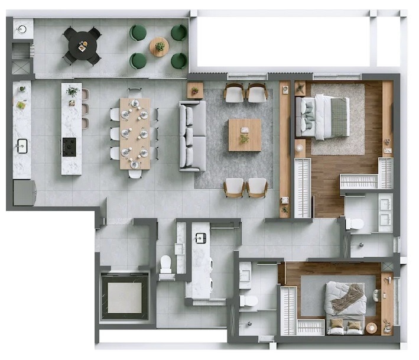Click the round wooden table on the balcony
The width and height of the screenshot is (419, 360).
[x=159, y=47]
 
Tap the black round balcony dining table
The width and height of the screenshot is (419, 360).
[x=82, y=46]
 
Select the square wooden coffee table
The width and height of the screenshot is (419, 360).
[x=245, y=135]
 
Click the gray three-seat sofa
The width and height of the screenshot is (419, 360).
[x=193, y=135]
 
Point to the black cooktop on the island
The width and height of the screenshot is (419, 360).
[x=69, y=147]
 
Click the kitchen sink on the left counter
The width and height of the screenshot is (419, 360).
[x=22, y=145]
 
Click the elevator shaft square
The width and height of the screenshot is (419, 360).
[x=124, y=296]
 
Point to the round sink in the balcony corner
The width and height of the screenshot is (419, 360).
[x=22, y=29]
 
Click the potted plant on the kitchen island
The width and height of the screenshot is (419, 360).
[x=72, y=92]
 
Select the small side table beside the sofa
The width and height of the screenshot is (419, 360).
[x=195, y=90]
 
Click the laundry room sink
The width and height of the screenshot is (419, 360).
[x=200, y=238]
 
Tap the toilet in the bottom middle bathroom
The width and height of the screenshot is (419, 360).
[x=249, y=301]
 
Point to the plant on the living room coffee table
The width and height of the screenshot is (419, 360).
[x=244, y=138]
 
